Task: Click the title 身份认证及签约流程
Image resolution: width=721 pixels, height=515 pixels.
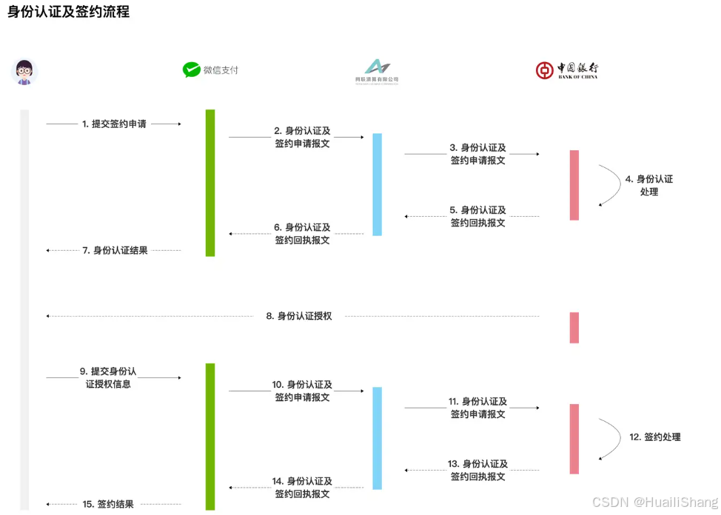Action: click(68, 13)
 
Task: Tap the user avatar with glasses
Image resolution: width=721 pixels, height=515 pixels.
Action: click(25, 72)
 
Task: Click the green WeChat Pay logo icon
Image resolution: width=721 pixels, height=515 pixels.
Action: click(192, 70)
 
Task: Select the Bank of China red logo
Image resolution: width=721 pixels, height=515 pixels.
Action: click(545, 70)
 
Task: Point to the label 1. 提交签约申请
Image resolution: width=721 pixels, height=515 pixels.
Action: click(114, 124)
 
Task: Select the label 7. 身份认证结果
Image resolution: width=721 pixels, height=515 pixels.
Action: click(115, 250)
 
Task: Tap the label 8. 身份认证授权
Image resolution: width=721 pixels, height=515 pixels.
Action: click(299, 316)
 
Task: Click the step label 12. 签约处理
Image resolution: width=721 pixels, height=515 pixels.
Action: click(655, 437)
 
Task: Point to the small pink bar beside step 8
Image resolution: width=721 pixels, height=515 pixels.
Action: click(574, 328)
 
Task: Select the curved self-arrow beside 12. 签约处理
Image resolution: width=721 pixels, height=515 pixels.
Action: click(611, 439)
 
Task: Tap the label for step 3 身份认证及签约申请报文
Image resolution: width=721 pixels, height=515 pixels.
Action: click(478, 154)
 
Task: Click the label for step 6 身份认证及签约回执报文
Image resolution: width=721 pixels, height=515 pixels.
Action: click(303, 234)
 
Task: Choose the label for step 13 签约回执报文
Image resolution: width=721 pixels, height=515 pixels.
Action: click(478, 470)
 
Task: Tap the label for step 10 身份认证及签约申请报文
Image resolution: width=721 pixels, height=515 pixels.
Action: click(303, 391)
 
